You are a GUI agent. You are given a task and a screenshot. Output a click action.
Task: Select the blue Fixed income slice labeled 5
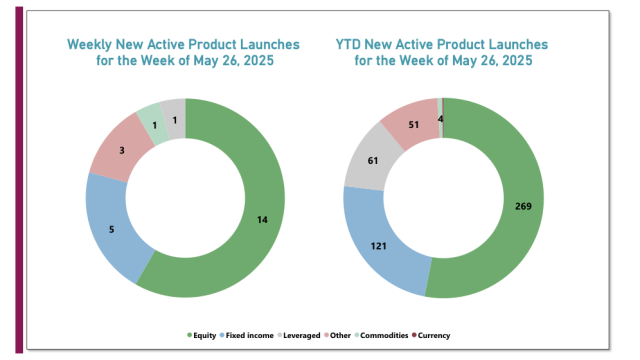[x=111, y=230]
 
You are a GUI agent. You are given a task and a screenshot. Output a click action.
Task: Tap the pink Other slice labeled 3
[x=121, y=149]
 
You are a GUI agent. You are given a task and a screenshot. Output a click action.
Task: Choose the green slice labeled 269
[x=515, y=206]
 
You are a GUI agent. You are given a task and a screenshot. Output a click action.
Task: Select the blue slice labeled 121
[x=378, y=246]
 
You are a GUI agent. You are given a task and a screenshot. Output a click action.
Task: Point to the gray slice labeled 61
[x=373, y=161]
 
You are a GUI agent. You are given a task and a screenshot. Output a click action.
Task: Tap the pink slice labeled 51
[x=413, y=124]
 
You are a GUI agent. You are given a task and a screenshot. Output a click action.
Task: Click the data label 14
[x=262, y=219]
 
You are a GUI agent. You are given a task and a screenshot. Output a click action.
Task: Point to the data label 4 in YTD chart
[x=440, y=119]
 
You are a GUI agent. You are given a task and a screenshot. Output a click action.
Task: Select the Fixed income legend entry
[x=249, y=335]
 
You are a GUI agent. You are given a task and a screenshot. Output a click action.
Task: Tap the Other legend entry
[x=340, y=335]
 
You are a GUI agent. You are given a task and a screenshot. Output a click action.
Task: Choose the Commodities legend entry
[x=384, y=335]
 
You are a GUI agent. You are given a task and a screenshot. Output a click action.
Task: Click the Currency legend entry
[x=433, y=335]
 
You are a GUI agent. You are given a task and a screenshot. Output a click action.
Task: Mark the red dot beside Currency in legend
[x=414, y=335]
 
